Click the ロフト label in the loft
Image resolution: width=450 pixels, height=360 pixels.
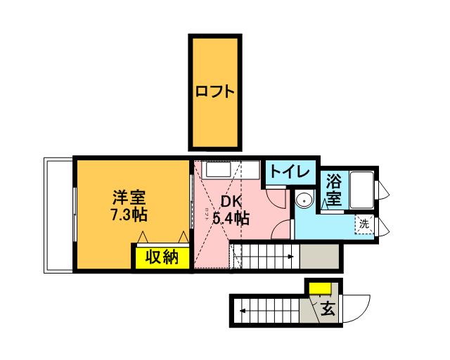214,92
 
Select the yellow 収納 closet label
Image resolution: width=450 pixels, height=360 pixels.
161,258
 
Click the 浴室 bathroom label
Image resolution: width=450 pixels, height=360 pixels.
334,191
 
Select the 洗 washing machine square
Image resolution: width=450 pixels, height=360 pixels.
364,224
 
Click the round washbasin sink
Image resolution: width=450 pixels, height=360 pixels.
304,201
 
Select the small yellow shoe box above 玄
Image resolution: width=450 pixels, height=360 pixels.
321,288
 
